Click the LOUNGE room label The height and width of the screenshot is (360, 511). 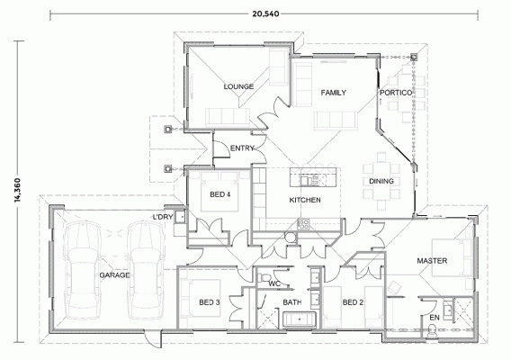click(x=238, y=86)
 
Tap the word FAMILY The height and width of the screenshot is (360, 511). click(x=334, y=93)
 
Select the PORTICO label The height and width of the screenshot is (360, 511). click(x=396, y=93)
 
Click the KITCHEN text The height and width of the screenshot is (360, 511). click(x=304, y=199)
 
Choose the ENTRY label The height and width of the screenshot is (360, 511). click(x=242, y=148)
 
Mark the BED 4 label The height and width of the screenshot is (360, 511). click(x=220, y=195)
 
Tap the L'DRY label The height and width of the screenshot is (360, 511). click(x=163, y=217)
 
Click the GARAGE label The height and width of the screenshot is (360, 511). click(x=114, y=275)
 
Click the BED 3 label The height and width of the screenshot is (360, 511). click(x=210, y=302)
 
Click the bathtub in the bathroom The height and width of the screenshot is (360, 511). click(x=294, y=319)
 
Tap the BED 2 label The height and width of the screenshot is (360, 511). click(x=353, y=302)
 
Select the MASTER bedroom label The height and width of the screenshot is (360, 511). click(x=432, y=261)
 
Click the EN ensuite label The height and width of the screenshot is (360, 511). click(x=434, y=317)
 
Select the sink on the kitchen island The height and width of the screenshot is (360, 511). click(x=310, y=175)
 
